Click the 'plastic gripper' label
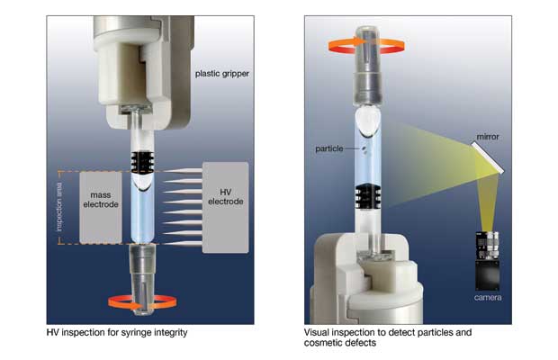(221, 74)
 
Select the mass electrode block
(101, 208)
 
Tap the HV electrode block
(226, 207)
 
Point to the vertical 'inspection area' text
(59, 207)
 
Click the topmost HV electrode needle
(184, 171)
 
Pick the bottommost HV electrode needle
(184, 244)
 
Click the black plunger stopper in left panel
(142, 162)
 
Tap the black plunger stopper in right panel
(368, 197)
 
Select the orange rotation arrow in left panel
(142, 302)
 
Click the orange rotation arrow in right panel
(366, 47)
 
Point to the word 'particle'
(329, 148)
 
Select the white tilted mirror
(488, 157)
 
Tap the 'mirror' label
(488, 137)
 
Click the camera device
(488, 261)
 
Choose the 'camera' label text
(488, 297)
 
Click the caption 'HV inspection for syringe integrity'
(117, 333)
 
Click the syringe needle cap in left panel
(142, 280)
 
